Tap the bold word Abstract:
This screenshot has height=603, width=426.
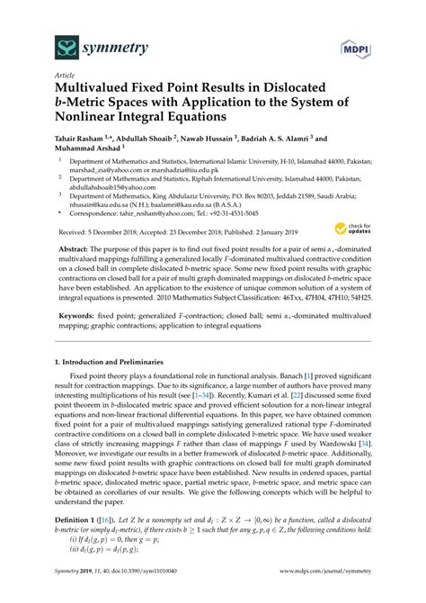point(82,247)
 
